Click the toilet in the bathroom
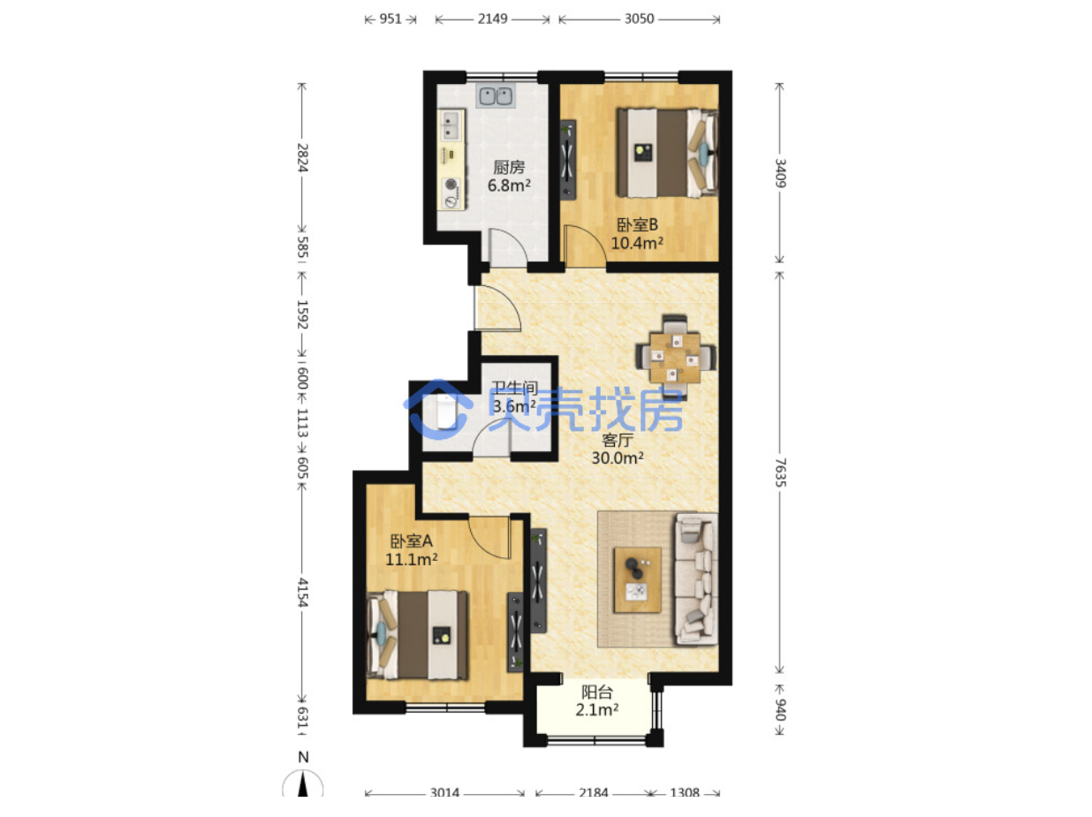pyautogui.click(x=444, y=411)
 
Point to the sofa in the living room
pyautogui.click(x=695, y=579)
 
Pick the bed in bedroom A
pyautogui.click(x=417, y=634)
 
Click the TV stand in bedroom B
pyautogui.click(x=567, y=160)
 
